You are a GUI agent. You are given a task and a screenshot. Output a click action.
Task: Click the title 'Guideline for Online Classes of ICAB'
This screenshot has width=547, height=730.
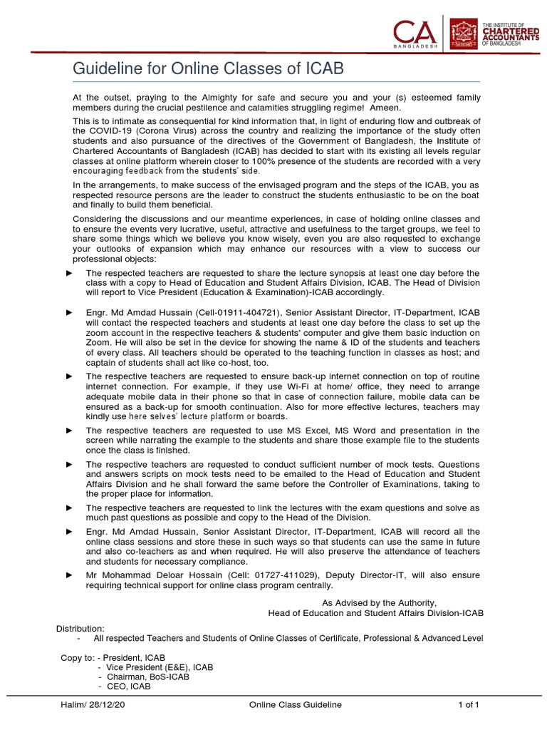[209, 68]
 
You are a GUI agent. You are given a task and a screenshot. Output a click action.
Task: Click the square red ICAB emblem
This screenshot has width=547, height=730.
[464, 34]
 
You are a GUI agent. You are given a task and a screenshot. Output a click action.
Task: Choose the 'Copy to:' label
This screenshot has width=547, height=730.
[77, 657]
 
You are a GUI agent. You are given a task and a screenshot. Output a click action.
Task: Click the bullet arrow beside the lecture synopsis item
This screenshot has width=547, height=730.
[69, 273]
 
